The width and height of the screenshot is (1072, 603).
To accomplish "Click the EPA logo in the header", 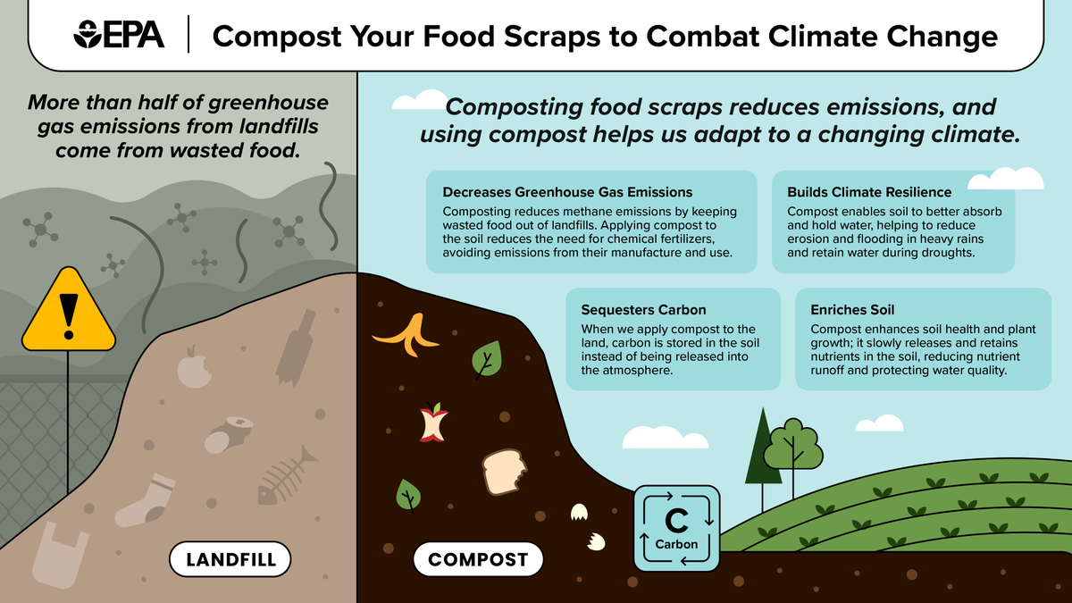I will (120, 35).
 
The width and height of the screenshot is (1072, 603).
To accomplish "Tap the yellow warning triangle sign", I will (68, 310).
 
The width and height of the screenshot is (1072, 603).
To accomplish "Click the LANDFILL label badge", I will (231, 560).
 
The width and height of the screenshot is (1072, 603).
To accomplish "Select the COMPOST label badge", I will (478, 560).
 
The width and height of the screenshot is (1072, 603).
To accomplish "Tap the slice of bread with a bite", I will (507, 471).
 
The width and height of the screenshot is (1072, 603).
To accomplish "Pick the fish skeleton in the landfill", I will (287, 478).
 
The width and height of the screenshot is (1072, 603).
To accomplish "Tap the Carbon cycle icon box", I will (676, 528).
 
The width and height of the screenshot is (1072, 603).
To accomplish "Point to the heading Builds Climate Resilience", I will (869, 192).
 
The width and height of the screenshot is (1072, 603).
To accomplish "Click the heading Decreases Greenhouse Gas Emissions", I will (567, 192).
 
